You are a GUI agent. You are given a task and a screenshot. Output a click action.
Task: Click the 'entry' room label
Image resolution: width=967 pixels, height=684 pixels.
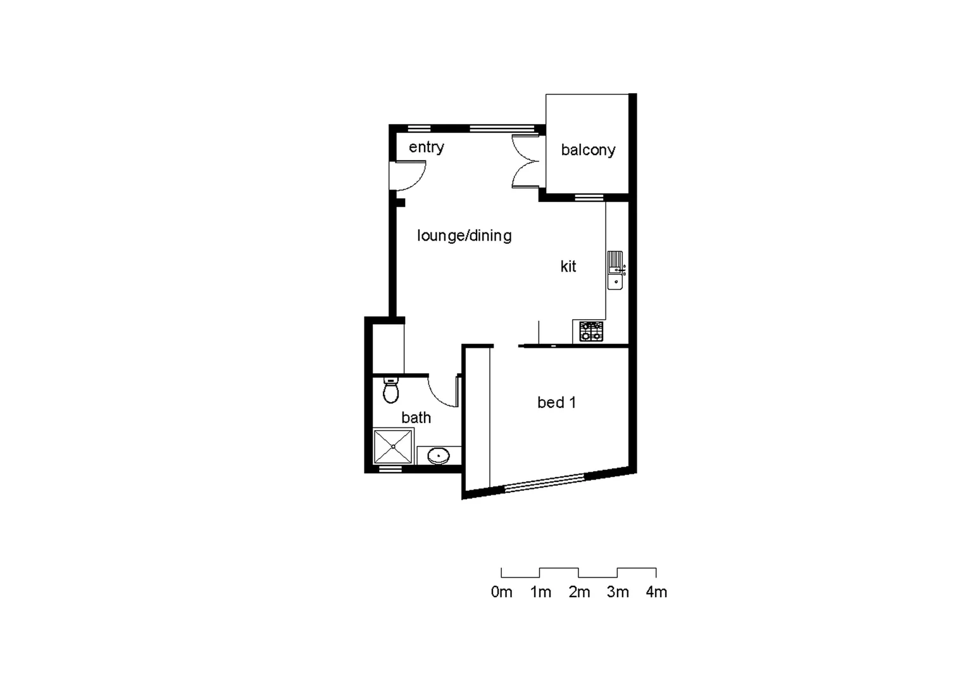[x=426, y=147]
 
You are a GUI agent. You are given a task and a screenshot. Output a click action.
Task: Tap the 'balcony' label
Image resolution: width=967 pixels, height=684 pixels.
[x=588, y=150]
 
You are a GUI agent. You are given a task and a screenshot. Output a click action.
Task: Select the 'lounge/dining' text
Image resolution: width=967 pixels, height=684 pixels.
[x=464, y=236]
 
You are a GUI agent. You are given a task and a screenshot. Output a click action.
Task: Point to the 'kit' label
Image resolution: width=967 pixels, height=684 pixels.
[x=568, y=267]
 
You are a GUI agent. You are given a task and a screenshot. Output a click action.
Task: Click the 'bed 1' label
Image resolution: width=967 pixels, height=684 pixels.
[x=556, y=402]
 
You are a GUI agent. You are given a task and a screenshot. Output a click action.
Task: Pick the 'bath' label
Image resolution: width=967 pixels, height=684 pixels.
[x=416, y=418]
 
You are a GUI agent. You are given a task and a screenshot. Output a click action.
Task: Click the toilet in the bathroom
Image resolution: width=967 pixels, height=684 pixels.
[x=391, y=391]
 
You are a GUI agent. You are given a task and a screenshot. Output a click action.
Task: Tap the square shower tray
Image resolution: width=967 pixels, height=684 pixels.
[x=393, y=446]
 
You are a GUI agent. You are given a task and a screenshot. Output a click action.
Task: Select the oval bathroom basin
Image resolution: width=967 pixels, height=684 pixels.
[x=439, y=455]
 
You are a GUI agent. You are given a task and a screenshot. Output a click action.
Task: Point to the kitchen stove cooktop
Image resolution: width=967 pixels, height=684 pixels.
[x=591, y=331]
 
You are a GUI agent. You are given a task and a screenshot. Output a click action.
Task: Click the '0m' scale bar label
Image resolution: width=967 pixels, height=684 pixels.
[x=501, y=592]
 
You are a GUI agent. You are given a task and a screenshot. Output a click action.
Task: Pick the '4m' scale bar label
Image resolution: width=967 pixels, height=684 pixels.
[x=656, y=592]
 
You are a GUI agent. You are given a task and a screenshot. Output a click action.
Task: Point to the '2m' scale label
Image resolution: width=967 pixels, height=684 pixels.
[x=579, y=592]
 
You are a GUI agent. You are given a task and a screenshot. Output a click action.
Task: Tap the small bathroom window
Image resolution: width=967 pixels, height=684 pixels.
[x=390, y=470]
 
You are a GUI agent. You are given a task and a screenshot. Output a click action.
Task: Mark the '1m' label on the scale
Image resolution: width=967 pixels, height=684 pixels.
[x=540, y=592]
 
